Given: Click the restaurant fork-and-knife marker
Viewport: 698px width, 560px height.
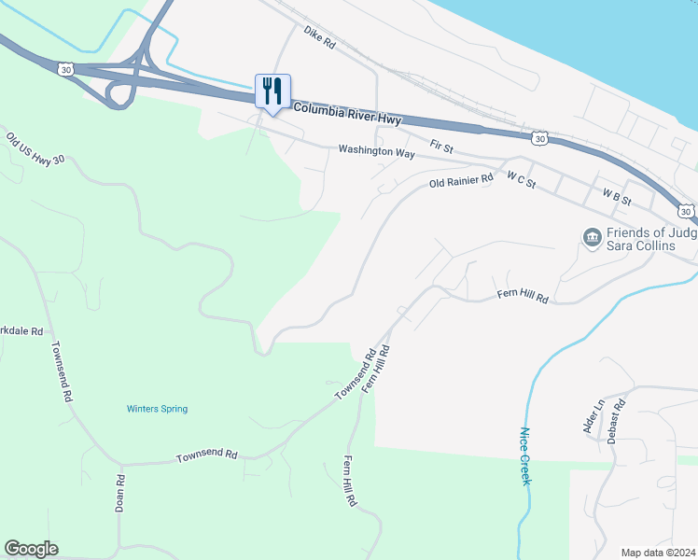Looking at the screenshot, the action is [x=272, y=91].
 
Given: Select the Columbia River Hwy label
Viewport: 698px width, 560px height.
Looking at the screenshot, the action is [x=347, y=110].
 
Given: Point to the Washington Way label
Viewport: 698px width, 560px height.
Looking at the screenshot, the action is [x=376, y=149].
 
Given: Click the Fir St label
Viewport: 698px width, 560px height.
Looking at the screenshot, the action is [x=441, y=147].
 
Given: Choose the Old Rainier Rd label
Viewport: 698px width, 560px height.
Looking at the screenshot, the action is [x=461, y=181].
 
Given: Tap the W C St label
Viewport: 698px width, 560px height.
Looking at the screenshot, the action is [x=521, y=178].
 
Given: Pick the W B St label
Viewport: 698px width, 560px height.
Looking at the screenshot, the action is [x=617, y=198].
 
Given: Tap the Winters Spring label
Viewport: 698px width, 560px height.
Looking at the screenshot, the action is [x=157, y=409].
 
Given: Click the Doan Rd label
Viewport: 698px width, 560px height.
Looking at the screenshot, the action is [x=120, y=492].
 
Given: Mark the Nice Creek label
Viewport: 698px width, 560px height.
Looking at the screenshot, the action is [x=524, y=455].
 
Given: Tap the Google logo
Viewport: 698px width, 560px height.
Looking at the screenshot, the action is [x=31, y=549].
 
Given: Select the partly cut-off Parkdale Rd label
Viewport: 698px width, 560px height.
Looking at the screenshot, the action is [x=22, y=331].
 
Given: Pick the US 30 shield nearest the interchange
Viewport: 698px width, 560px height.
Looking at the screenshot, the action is [x=64, y=69].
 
